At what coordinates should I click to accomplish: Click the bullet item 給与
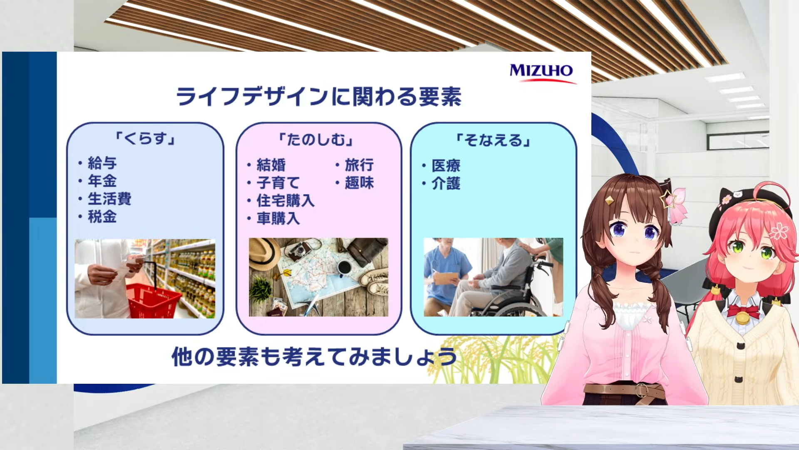102,163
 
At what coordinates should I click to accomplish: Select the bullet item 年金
102,181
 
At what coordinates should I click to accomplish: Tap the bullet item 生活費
109,199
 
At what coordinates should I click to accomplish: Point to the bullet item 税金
102,217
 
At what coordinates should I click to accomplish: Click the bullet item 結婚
271,165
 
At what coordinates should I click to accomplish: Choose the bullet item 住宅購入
285,200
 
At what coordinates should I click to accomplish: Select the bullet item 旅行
359,165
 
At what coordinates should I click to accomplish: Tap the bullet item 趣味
359,183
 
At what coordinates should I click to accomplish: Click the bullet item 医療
446,166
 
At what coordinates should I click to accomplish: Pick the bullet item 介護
446,184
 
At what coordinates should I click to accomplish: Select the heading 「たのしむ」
317,140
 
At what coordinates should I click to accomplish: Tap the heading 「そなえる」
494,140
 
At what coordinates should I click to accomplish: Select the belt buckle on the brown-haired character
642,390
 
